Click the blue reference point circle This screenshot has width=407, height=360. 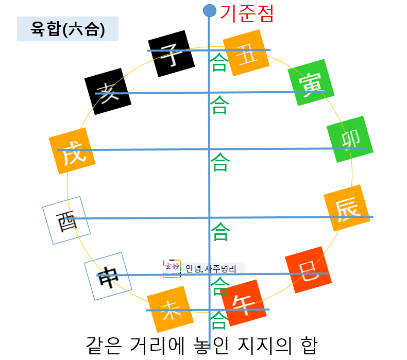[209, 10]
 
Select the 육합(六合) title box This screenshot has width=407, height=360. [67, 29]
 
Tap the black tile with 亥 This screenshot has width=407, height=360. [107, 92]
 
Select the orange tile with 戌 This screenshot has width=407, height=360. [72, 152]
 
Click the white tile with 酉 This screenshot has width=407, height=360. [66, 220]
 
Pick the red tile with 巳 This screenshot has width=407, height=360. [308, 270]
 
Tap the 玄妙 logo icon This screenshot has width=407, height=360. [172, 268]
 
